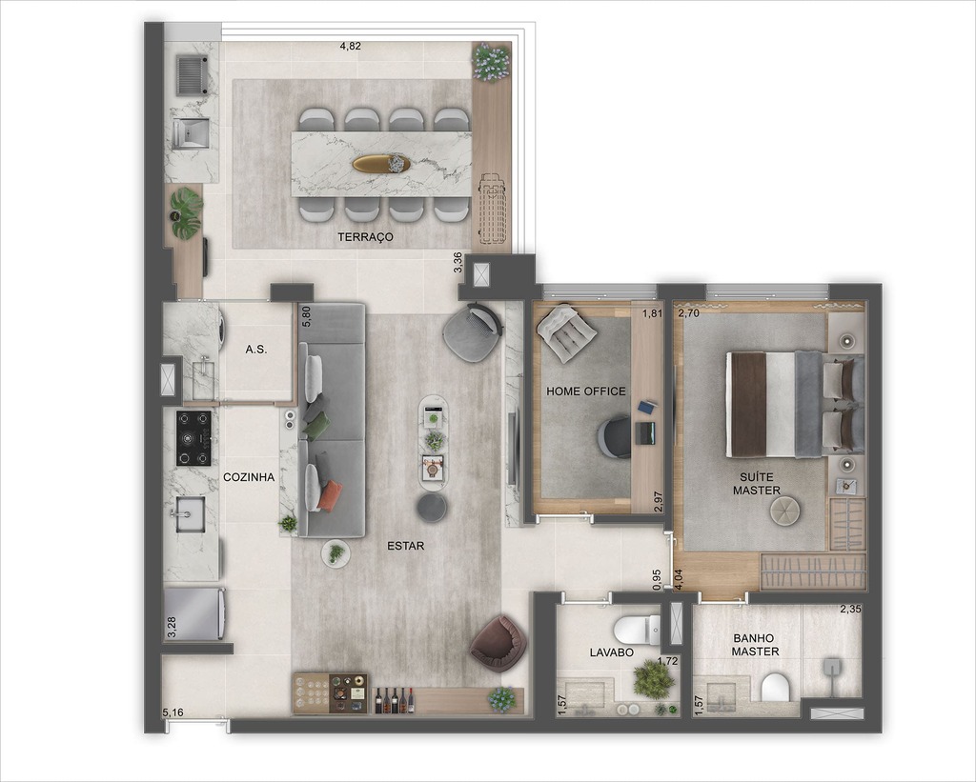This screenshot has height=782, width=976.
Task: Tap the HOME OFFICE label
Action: (586, 391)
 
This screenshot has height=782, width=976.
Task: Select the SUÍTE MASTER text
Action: (757, 483)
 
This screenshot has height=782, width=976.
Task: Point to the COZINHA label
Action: (249, 478)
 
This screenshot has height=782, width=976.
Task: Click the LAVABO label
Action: (611, 653)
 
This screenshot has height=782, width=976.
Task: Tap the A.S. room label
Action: (255, 350)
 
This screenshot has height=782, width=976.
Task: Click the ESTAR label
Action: (405, 547)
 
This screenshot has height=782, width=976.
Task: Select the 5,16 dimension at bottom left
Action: (173, 712)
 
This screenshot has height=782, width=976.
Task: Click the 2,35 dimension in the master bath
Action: (850, 611)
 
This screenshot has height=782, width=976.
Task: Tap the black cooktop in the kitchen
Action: (193, 437)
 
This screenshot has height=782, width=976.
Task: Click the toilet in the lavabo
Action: (637, 629)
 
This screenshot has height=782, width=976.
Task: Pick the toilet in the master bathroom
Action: (775, 687)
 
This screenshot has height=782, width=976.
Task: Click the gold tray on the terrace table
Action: (380, 164)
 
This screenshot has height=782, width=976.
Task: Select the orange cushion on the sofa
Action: (331, 494)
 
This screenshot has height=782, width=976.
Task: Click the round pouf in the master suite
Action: (787, 512)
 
